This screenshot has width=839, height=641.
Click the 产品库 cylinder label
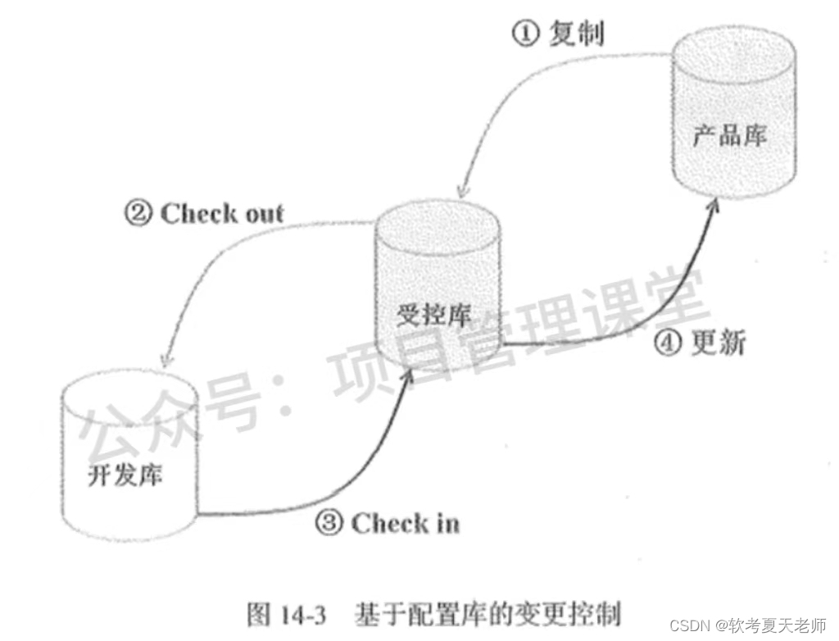coord(730,135)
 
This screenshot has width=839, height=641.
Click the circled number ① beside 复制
coord(525,34)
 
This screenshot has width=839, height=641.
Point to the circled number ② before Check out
coord(136,214)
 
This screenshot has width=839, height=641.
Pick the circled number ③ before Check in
coord(329,524)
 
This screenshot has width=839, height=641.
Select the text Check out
coord(221,214)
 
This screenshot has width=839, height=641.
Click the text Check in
coord(405,524)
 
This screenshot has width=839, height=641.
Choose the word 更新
coord(718,343)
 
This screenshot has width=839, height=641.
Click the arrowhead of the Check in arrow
coord(407,375)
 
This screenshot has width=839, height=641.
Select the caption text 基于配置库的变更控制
coord(487,614)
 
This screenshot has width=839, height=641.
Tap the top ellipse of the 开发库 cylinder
coord(130,391)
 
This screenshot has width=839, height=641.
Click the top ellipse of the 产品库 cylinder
coord(734,57)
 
